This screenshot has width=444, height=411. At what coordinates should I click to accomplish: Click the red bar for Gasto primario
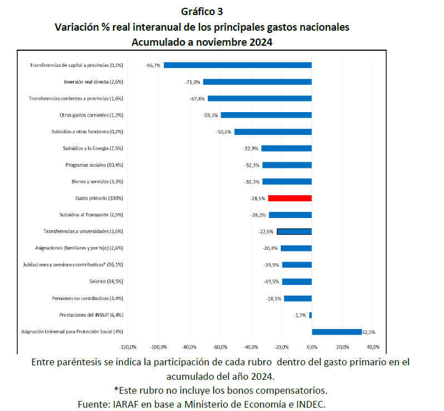click(290, 198)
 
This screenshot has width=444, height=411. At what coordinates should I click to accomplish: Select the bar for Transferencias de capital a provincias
click(237, 65)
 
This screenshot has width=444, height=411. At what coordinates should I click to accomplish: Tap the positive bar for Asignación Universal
click(336, 331)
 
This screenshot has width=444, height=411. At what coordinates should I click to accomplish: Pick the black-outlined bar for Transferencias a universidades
click(294, 231)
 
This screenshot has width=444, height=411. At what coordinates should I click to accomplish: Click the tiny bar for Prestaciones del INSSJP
click(310, 315)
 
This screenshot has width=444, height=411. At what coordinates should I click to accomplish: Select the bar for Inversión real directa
click(257, 82)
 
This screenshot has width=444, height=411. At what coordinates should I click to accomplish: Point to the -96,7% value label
click(153, 65)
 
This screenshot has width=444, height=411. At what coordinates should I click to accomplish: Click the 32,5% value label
click(369, 332)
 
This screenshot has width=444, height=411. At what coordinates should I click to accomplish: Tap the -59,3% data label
click(211, 115)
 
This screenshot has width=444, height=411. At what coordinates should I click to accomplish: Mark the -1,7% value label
click(300, 315)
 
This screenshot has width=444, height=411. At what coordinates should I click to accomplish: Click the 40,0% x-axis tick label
click(373, 346)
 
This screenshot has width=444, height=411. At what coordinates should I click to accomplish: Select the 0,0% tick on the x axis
click(312, 346)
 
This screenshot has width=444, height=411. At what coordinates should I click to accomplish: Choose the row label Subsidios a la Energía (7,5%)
click(93, 148)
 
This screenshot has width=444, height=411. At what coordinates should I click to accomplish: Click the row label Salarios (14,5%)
click(106, 282)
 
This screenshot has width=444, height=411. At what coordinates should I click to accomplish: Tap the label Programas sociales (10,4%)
click(94, 165)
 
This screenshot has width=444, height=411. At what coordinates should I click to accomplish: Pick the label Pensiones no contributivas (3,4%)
click(87, 298)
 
